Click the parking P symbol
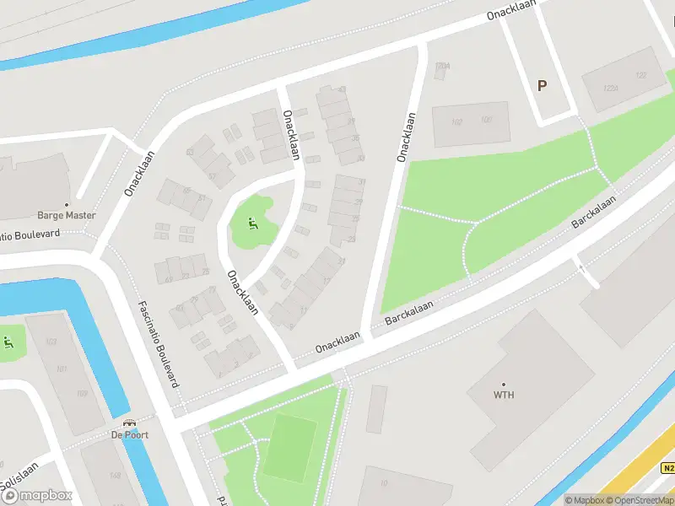point(542,85)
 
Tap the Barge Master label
point(67,215)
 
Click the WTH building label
point(504,395)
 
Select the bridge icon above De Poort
point(129,423)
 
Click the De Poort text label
point(129,435)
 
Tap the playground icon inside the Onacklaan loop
point(251,223)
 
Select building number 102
point(457,121)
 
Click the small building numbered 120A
point(444,66)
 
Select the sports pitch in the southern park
point(289,448)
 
